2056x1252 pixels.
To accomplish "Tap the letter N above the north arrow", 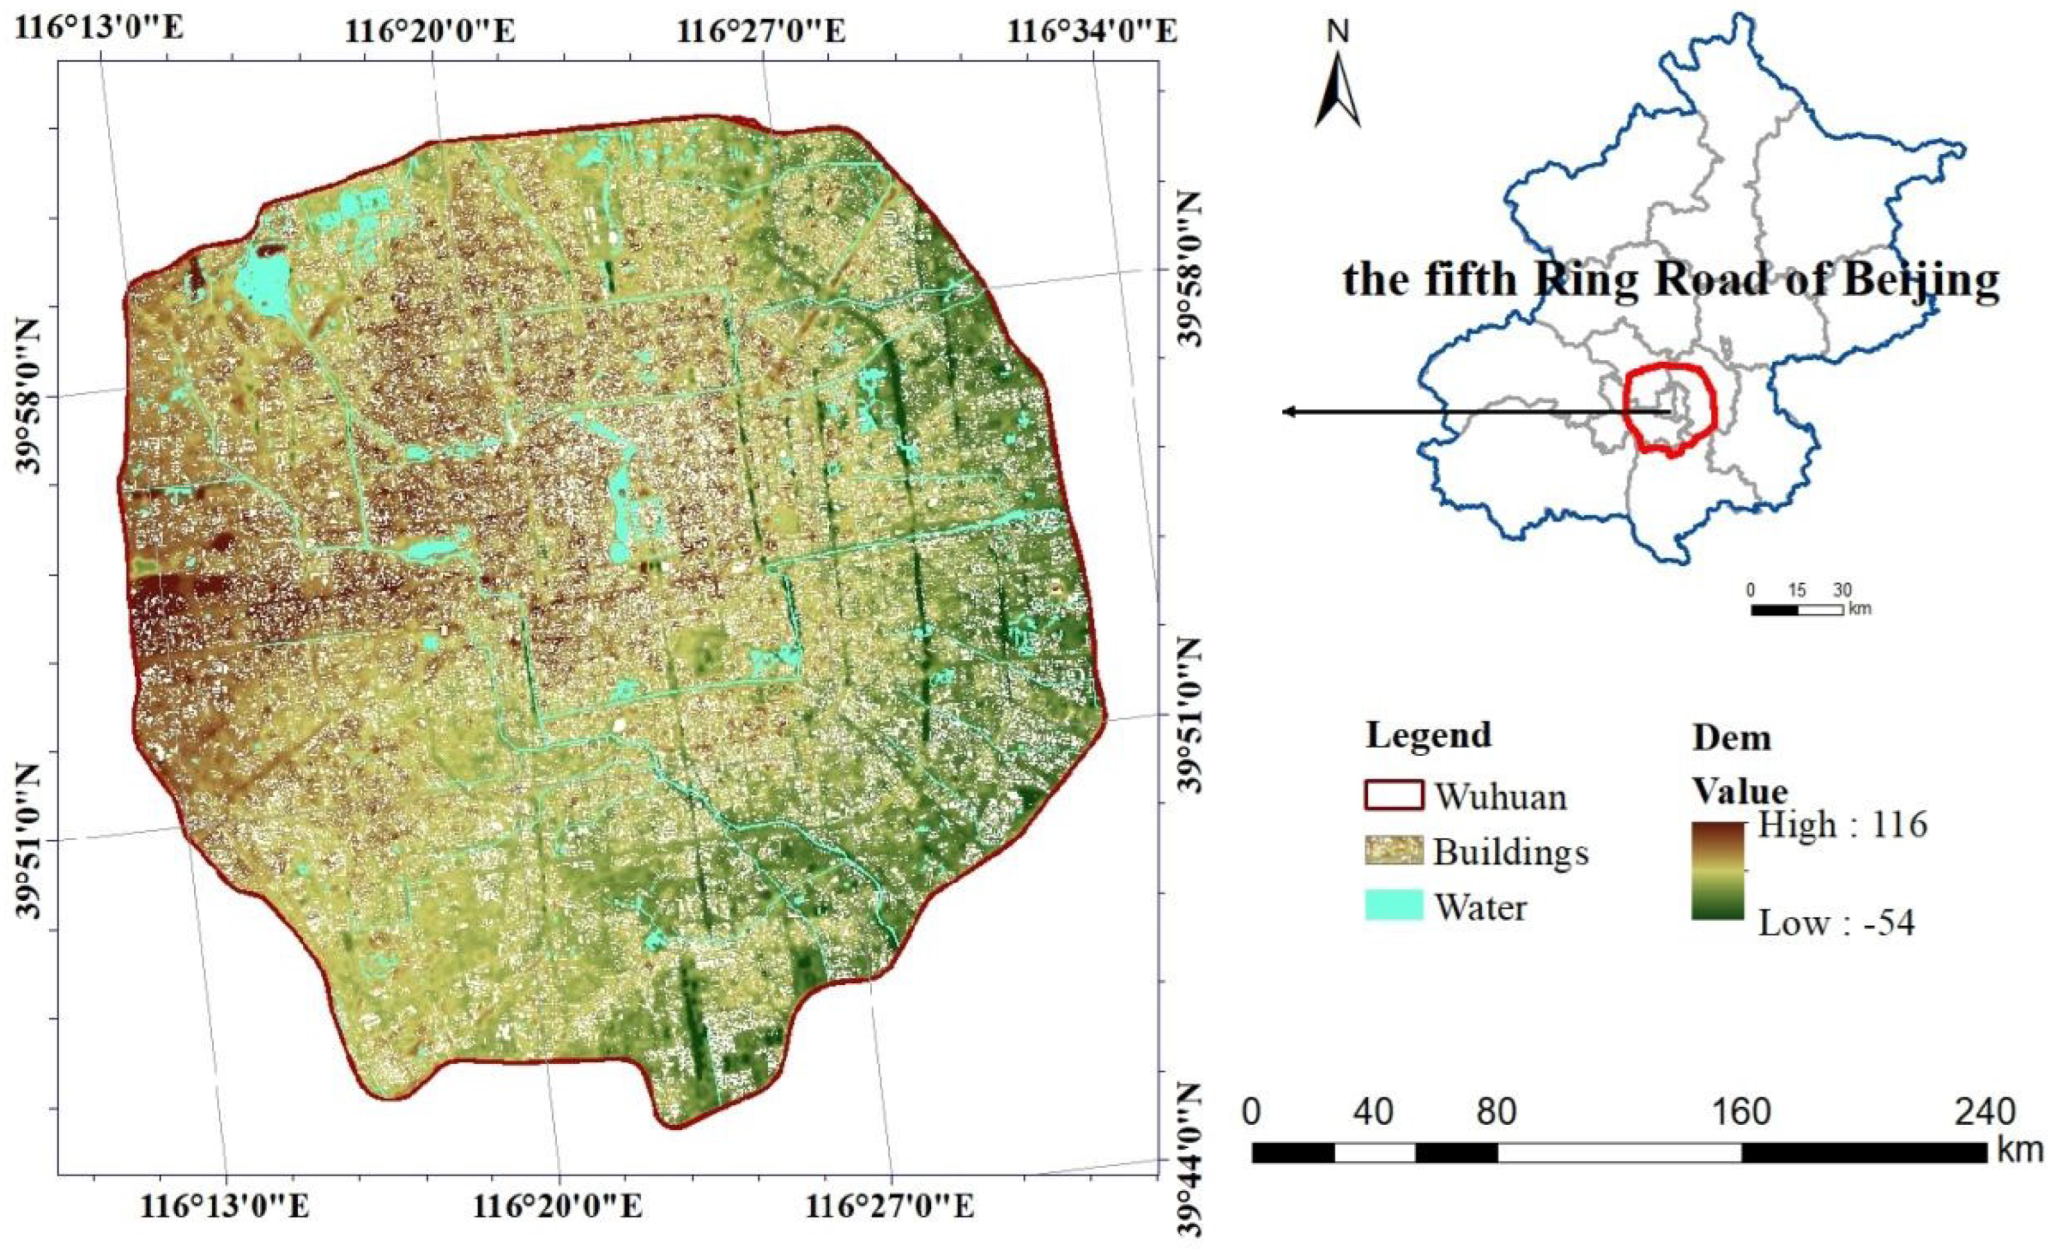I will coord(1337,32).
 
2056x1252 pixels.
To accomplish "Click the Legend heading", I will coord(1429,735).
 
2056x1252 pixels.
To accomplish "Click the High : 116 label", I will coord(1842,825).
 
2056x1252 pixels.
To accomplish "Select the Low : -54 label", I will coord(1836,923).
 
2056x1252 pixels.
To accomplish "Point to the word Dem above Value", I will coord(1732,738).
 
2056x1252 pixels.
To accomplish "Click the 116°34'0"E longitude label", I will coord(1093,32).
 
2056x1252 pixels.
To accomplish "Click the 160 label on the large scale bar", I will coord(1742,1112).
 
